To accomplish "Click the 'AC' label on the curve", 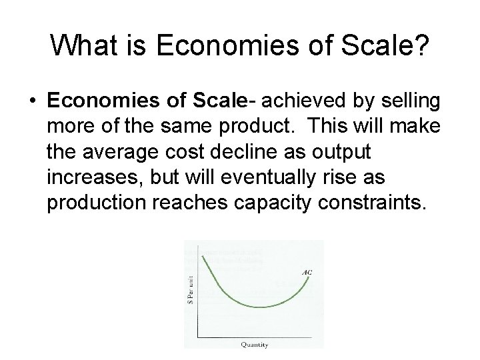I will [x=305, y=273].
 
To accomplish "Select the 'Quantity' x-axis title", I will [x=255, y=344].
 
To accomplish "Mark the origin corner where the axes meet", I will [x=198, y=336].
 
